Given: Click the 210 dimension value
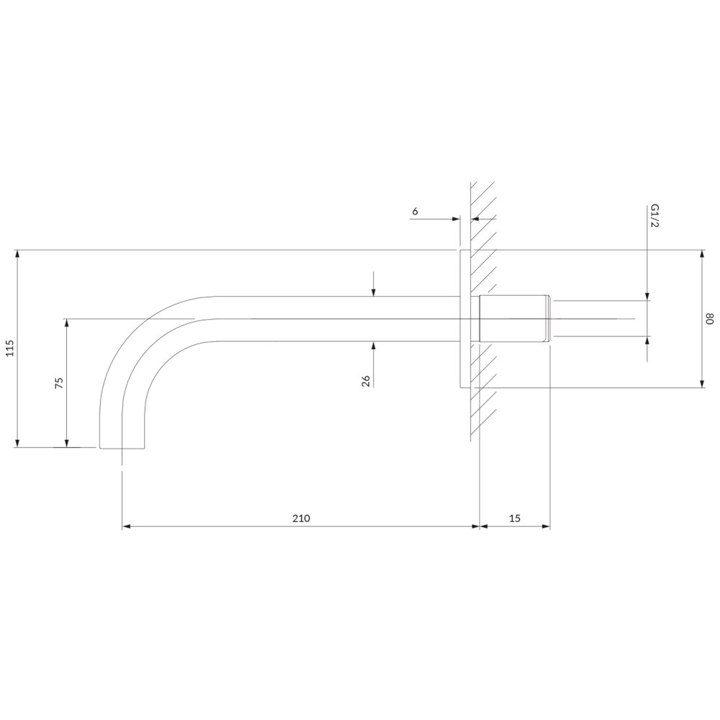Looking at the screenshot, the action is point(301,518).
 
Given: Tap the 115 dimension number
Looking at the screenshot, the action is point(11,348).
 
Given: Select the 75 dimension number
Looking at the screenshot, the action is point(59,383).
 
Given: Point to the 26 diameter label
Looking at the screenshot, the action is point(366,381).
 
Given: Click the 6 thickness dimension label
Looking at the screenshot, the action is point(415,211).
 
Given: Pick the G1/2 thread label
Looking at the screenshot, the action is point(654,217).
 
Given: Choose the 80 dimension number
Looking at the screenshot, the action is point(710,319).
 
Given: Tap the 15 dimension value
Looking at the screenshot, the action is point(515,518).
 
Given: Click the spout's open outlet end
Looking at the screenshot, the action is point(122,448).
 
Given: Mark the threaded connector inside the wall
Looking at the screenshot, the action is point(515,319).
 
